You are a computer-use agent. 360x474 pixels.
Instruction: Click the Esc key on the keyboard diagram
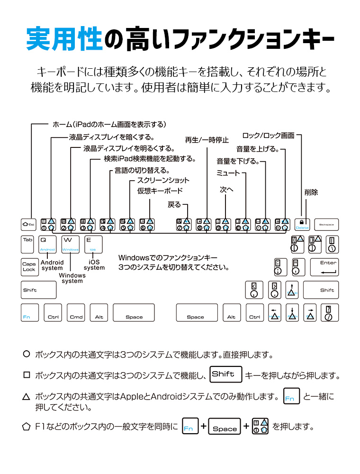tap(29, 224)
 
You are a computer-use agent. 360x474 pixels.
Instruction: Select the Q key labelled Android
tap(47, 245)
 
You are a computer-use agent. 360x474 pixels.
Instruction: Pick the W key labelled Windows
tap(71, 245)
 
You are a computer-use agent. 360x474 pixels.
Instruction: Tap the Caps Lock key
tap(29, 267)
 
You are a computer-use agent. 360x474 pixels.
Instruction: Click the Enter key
tap(324, 267)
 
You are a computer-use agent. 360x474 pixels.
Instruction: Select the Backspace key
tap(326, 224)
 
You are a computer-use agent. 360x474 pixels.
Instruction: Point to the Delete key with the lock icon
tap(302, 224)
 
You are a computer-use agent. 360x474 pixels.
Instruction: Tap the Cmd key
tap(76, 313)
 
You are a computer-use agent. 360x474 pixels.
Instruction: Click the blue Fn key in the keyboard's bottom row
tap(29, 313)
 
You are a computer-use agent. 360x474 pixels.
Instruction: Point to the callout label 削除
tap(311, 192)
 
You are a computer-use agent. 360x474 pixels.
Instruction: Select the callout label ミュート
tap(228, 173)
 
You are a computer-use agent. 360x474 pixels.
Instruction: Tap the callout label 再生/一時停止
tap(207, 140)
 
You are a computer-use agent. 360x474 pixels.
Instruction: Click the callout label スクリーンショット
tap(163, 181)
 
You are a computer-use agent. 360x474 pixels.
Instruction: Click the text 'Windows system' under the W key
tap(72, 278)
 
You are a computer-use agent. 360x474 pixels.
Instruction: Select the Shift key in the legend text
tap(225, 374)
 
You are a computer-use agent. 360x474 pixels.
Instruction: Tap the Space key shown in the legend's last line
tap(225, 428)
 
